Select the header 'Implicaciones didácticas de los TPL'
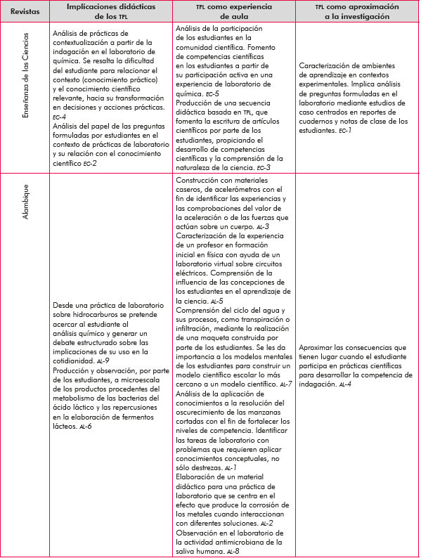(111, 11)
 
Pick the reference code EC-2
(89, 162)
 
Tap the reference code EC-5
(210, 93)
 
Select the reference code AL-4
(346, 384)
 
